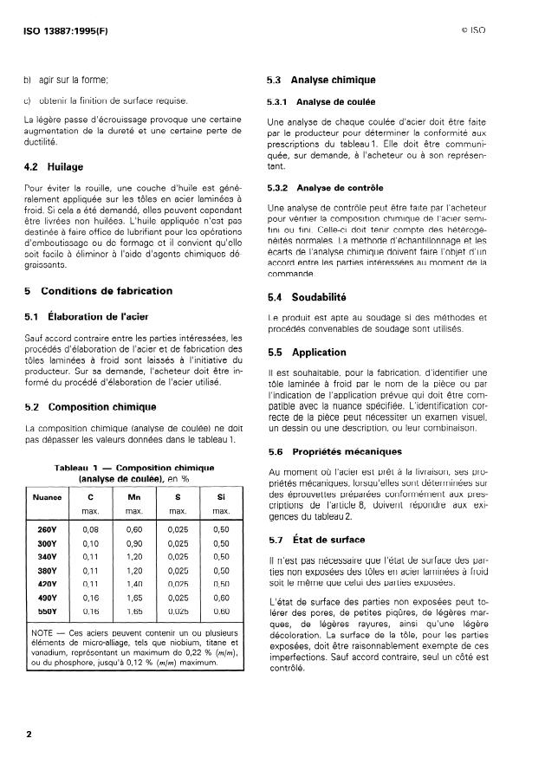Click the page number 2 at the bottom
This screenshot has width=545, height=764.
29,734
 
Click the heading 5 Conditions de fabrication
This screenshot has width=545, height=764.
97,290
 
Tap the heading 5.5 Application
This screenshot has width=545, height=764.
307,353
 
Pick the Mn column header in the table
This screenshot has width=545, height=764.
134,498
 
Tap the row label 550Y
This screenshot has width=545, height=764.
47,610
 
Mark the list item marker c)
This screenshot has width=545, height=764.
28,100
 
